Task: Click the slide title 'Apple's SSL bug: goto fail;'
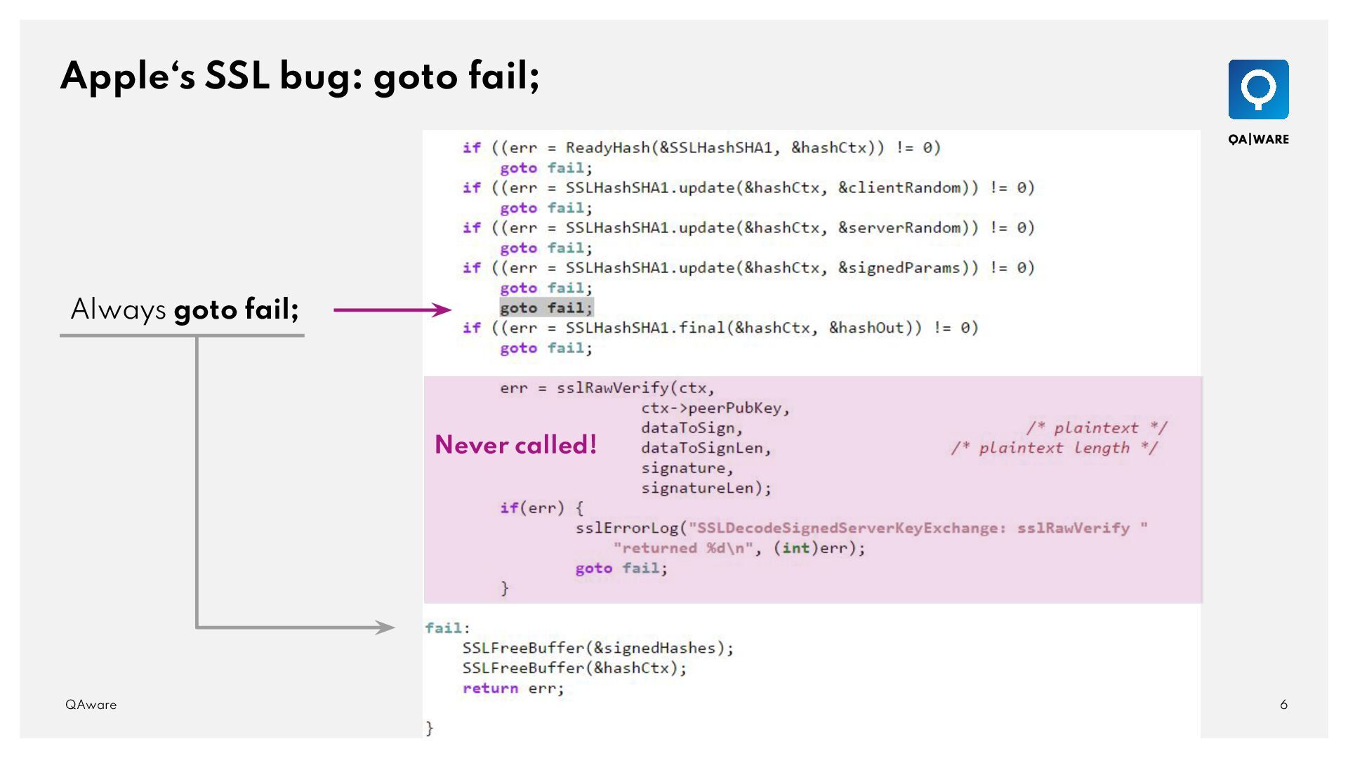[300, 76]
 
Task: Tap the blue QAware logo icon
[1258, 89]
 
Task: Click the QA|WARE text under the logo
[1258, 139]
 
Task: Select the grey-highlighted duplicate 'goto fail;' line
[546, 307]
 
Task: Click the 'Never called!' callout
[515, 445]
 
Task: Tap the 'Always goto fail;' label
[185, 309]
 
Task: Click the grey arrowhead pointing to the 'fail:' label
[385, 627]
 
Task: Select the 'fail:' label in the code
[447, 627]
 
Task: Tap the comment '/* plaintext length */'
[1055, 448]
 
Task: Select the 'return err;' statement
[513, 688]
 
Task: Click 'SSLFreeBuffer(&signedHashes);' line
[597, 648]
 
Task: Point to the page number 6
[1283, 704]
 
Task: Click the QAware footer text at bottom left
[91, 704]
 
